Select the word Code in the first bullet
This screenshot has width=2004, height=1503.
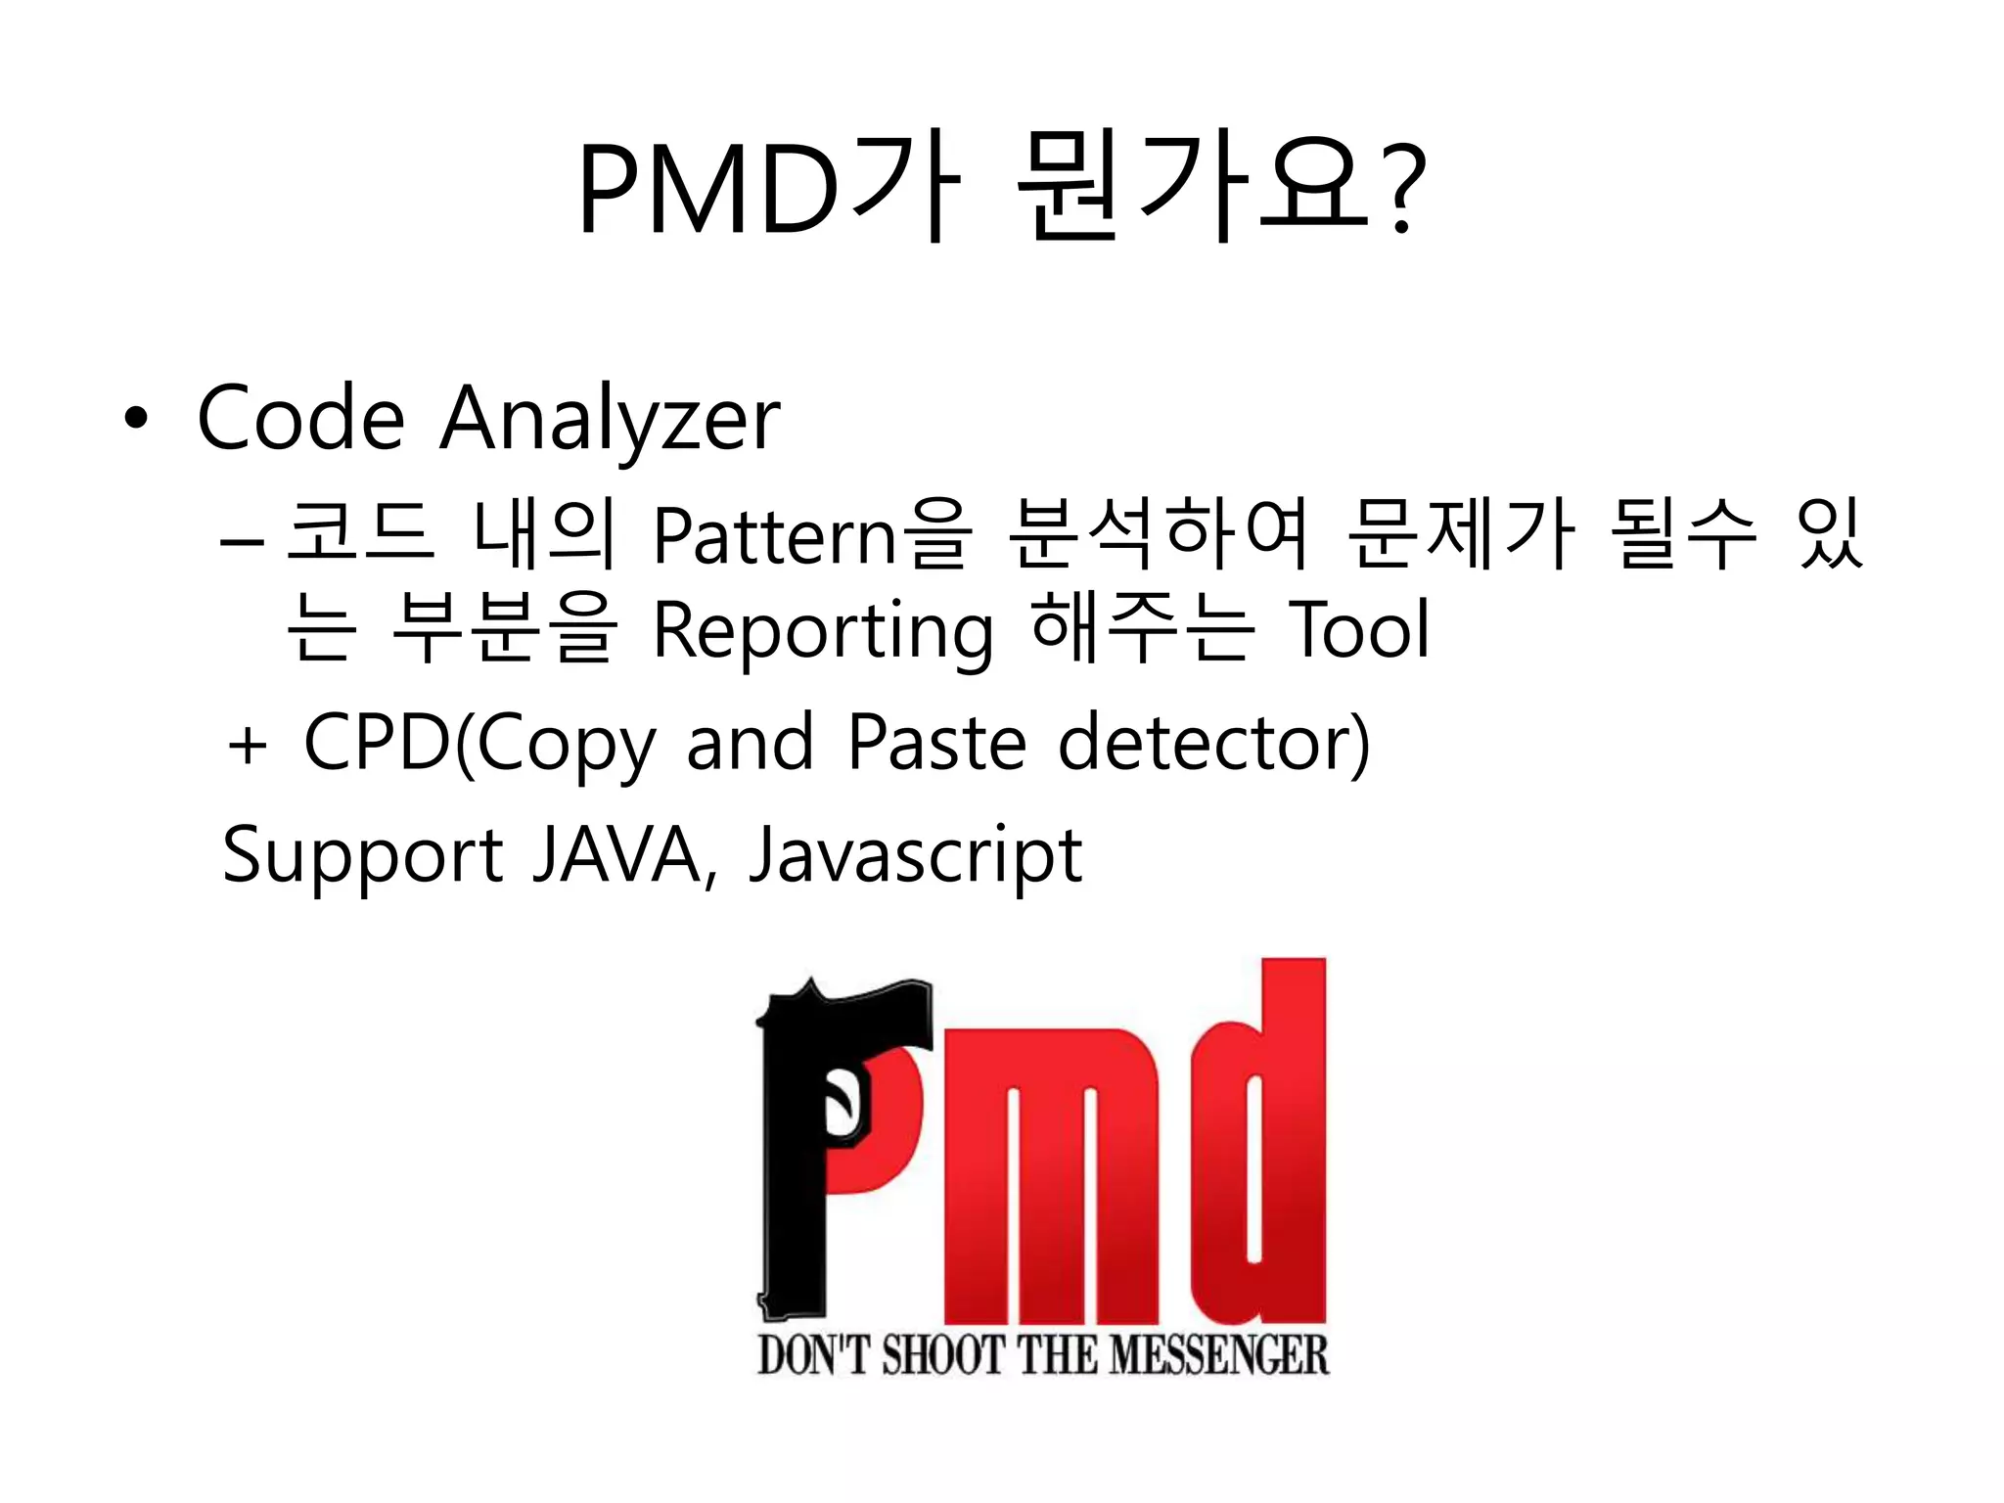coord(301,419)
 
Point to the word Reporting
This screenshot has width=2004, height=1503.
coord(822,631)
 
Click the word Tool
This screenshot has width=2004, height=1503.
coord(1360,629)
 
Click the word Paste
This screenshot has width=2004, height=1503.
coord(936,743)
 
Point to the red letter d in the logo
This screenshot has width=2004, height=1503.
coord(1262,1145)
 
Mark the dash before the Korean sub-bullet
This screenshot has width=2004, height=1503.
coord(242,540)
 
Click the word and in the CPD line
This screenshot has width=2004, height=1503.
coord(750,743)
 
